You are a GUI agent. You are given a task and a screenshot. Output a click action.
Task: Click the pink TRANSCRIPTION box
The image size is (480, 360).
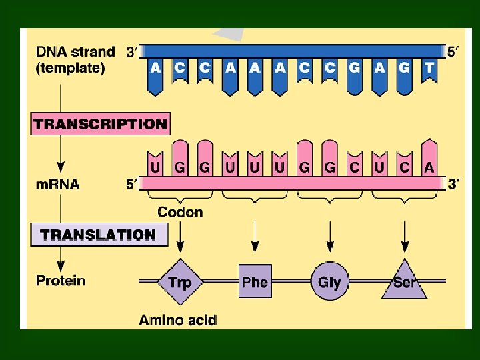(x=100, y=124)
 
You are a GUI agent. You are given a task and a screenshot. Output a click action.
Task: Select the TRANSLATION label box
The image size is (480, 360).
(x=99, y=235)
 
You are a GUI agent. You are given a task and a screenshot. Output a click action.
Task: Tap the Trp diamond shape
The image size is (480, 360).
(x=179, y=281)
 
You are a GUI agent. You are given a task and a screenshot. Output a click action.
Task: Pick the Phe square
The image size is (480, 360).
(x=255, y=281)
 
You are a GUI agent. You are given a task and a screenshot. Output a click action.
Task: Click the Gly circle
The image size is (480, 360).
(x=329, y=281)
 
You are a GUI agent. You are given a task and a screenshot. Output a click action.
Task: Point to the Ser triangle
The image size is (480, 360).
(x=404, y=283)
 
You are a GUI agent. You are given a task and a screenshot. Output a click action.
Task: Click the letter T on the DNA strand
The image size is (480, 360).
(x=429, y=68)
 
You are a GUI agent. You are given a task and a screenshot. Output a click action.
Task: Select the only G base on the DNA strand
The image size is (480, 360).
(x=354, y=68)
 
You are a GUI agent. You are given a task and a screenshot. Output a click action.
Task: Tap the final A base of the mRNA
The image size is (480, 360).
(x=429, y=167)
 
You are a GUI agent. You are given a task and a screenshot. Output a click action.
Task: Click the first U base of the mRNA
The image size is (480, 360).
(x=155, y=167)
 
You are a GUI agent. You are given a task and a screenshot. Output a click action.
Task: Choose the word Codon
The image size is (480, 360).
(x=180, y=212)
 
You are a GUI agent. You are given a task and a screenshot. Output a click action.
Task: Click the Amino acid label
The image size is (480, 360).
(x=178, y=320)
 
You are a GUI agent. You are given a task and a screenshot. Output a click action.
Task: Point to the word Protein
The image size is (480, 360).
(x=61, y=280)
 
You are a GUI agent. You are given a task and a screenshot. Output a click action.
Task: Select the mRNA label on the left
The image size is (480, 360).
(x=57, y=184)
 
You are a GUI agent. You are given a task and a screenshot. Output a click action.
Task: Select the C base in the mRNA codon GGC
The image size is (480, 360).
(x=354, y=167)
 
